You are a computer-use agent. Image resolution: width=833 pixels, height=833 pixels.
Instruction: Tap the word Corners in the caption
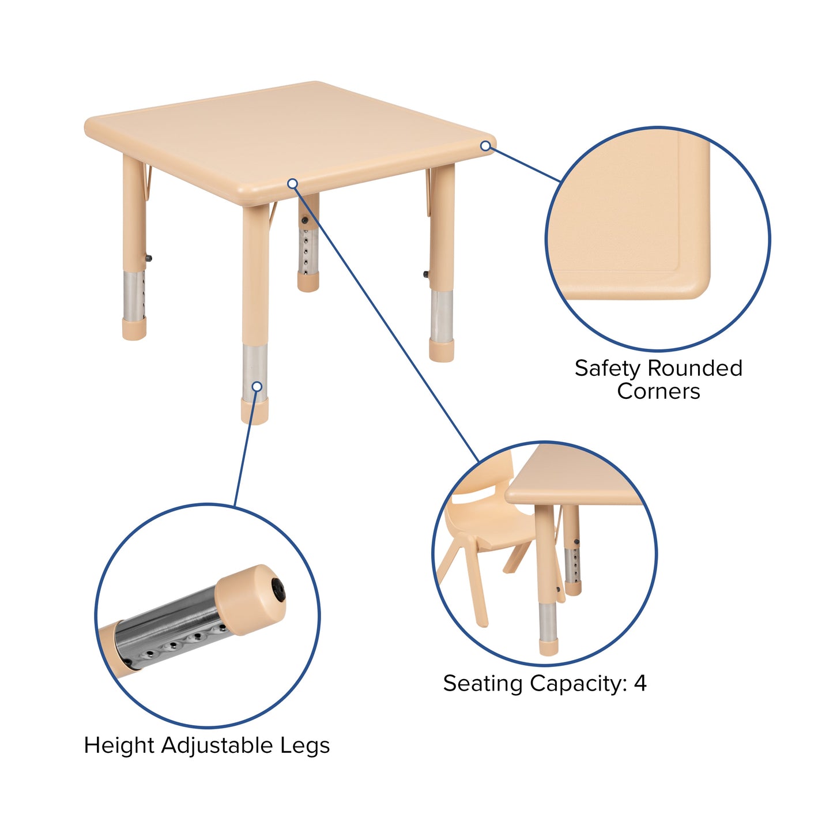pyautogui.click(x=658, y=391)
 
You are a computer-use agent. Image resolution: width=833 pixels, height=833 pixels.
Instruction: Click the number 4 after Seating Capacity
pyautogui.click(x=640, y=684)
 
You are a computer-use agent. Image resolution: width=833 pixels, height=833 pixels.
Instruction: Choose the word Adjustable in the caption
pyautogui.click(x=218, y=746)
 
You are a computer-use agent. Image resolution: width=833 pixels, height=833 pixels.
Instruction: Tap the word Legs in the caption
pyautogui.click(x=305, y=746)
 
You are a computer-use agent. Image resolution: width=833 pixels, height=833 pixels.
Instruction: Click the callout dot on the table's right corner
pyautogui.click(x=485, y=146)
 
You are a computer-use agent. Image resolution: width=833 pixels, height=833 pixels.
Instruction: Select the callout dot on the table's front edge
pyautogui.click(x=292, y=183)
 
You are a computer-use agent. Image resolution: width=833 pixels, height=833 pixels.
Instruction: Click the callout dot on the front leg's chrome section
pyautogui.click(x=257, y=386)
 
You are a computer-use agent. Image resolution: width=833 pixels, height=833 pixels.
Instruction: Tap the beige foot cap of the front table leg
pyautogui.click(x=255, y=410)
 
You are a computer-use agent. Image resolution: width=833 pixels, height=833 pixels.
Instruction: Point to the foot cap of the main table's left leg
pyautogui.click(x=134, y=329)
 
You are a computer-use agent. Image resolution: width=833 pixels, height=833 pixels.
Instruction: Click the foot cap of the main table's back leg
pyautogui.click(x=308, y=282)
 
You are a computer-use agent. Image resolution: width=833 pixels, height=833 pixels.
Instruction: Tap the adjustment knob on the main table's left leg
pyautogui.click(x=149, y=259)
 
